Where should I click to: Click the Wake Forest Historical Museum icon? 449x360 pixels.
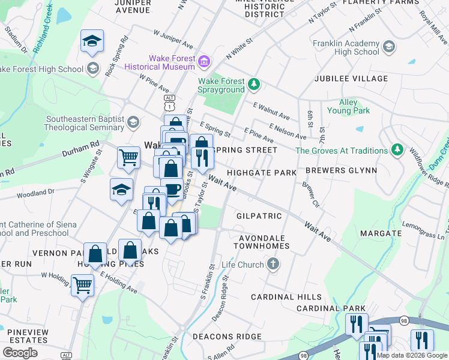[204, 61]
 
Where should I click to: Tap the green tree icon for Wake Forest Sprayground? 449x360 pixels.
[254, 84]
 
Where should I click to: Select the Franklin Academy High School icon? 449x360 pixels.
[388, 47]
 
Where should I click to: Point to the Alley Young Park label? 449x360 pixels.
[348, 107]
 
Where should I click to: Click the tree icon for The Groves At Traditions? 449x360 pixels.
[396, 149]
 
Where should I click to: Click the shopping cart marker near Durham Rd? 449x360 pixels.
[128, 157]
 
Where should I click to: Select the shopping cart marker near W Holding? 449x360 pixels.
[82, 284]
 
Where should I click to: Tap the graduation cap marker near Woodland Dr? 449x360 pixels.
[121, 189]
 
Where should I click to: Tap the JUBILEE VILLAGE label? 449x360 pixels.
[351, 79]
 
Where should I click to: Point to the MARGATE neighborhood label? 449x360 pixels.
[381, 233]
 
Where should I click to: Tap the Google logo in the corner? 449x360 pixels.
[20, 353]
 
